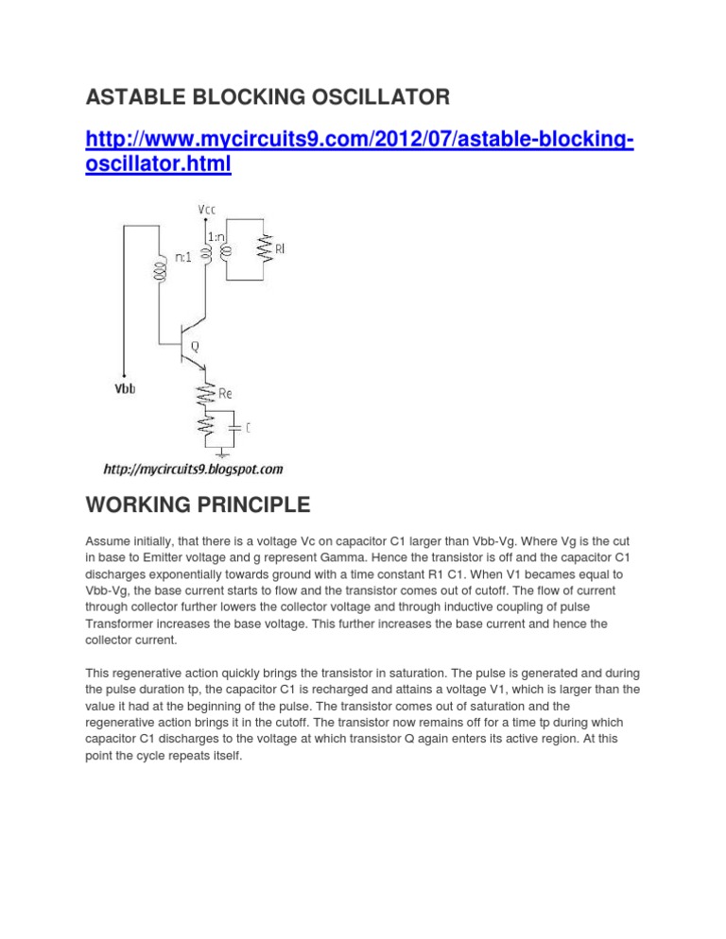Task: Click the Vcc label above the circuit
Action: pos(206,208)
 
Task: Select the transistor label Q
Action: pos(195,347)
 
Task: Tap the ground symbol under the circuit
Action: pos(219,451)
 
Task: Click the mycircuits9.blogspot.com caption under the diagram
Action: pos(192,469)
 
